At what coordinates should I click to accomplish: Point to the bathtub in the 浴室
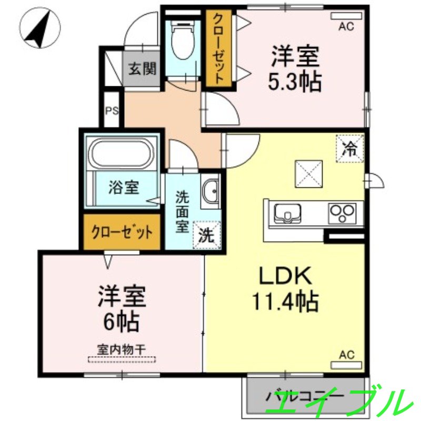coord(123,153)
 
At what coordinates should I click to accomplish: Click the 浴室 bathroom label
coord(124,188)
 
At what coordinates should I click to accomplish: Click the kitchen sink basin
coord(288,213)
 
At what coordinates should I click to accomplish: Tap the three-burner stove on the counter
coord(342,213)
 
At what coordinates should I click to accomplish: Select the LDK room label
coord(285,276)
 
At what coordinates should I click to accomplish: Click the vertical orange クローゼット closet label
coord(218,48)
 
